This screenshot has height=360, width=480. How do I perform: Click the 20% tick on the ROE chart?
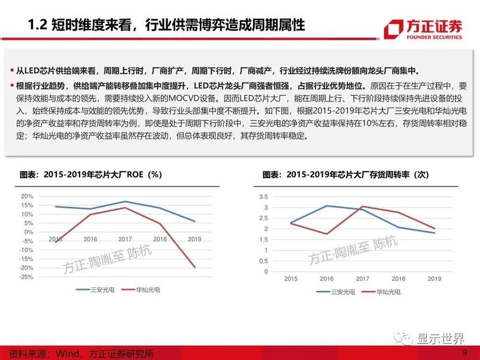[x=26, y=196]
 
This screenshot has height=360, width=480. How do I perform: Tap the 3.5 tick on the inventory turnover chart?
[x=262, y=197]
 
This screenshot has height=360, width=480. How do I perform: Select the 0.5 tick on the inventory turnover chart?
[x=262, y=261]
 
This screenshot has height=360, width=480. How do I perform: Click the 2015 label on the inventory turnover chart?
[x=290, y=279]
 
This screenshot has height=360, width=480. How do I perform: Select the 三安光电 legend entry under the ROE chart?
[x=91, y=290]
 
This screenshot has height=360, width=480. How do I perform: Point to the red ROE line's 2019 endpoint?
[x=194, y=267]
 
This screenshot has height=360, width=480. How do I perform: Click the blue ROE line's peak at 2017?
[x=124, y=202]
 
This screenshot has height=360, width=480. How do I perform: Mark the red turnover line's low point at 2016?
[x=326, y=234]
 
